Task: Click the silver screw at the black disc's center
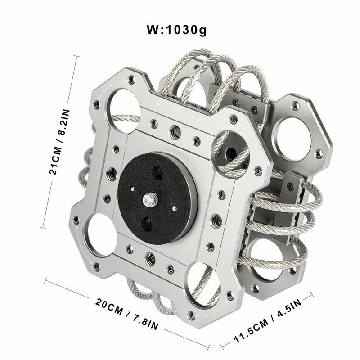click(148, 198)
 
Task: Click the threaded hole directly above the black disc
click(173, 131)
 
